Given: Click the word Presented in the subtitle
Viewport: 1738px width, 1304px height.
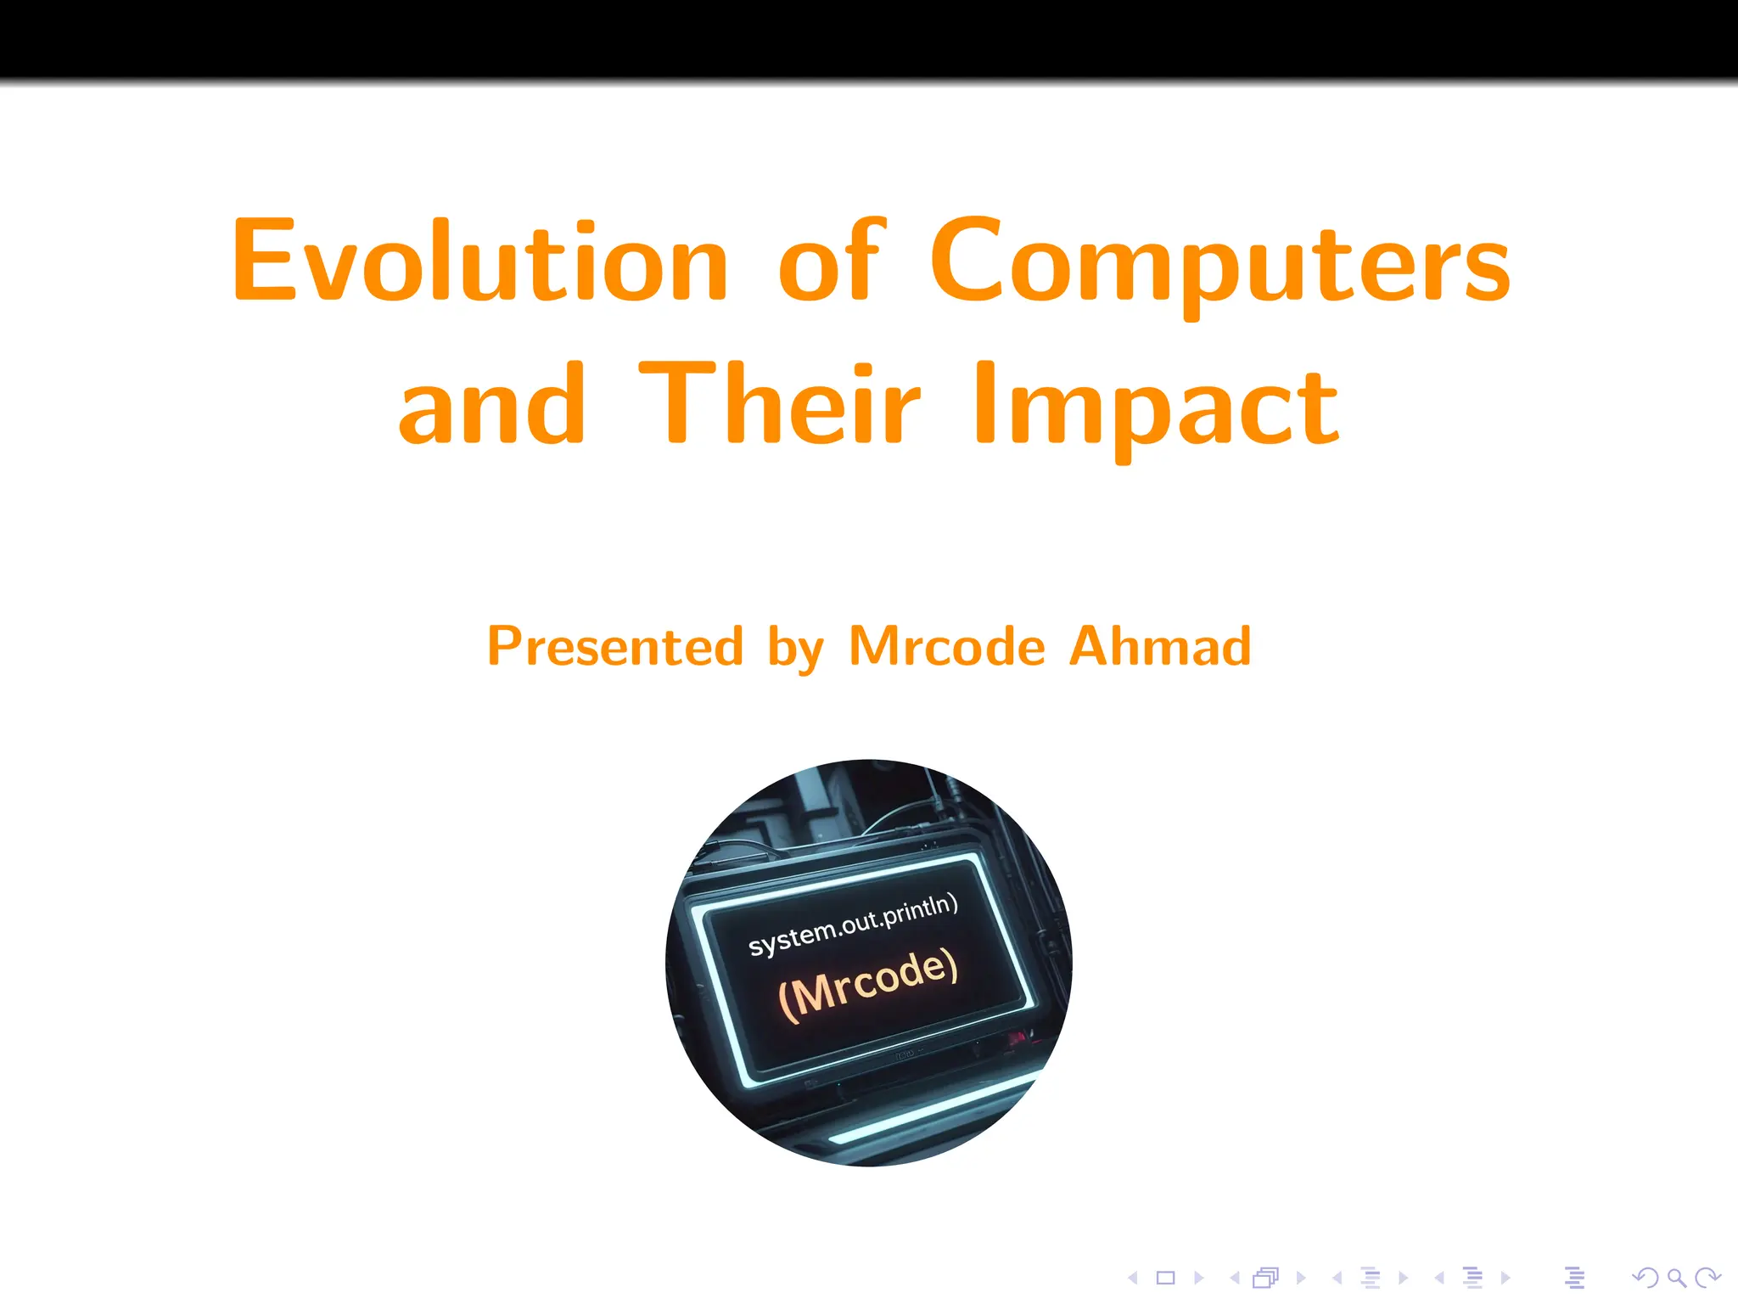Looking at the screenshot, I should tap(615, 647).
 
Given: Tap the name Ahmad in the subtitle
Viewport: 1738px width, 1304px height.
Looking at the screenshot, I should tap(1160, 647).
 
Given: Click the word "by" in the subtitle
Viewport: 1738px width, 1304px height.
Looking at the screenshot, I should tap(795, 650).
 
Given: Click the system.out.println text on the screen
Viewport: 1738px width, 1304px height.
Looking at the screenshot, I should tap(853, 925).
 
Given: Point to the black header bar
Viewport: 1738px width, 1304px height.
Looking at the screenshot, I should tap(869, 38).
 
